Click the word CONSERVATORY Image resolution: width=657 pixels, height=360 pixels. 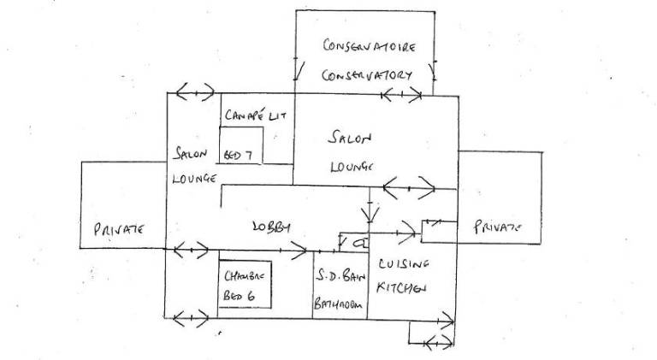367,74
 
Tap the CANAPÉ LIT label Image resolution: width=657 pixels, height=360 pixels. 254,115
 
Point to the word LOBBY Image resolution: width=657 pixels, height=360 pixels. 271,227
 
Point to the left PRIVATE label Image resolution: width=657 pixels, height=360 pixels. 116,229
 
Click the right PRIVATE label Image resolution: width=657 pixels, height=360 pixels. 497,227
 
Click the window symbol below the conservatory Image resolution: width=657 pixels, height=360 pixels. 403,93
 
